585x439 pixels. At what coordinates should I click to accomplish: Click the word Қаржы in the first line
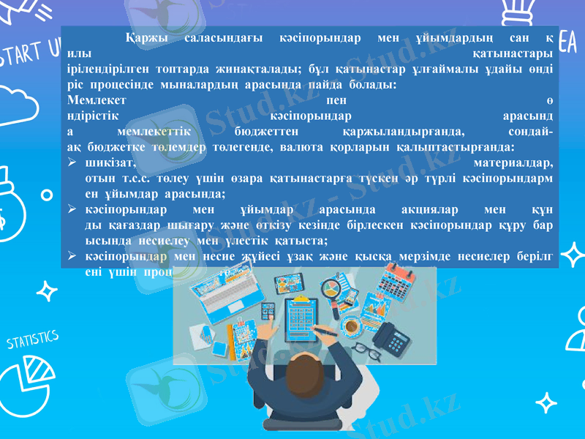click(146, 37)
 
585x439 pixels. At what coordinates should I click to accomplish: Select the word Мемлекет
click(95, 100)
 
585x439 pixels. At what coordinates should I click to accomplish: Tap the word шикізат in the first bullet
click(109, 162)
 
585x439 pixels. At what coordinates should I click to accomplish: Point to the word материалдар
click(513, 162)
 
